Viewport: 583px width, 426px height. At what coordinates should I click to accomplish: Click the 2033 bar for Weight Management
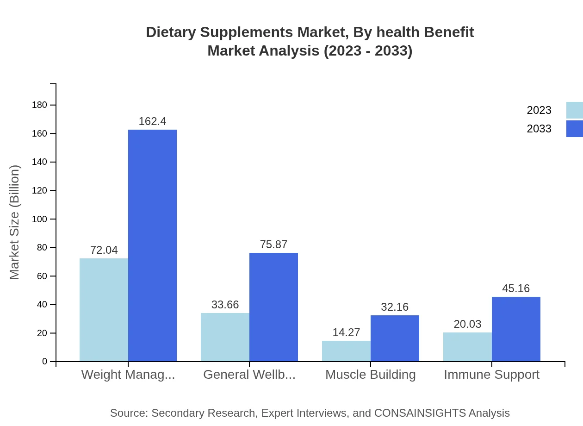(152, 245)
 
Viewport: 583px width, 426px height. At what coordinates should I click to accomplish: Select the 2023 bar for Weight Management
(104, 310)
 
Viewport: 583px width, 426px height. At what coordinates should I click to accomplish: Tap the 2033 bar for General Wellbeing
(273, 307)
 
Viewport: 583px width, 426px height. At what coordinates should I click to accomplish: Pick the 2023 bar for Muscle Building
(346, 351)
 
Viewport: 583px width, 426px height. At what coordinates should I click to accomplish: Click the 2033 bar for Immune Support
(516, 329)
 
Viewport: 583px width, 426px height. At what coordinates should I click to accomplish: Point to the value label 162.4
(152, 121)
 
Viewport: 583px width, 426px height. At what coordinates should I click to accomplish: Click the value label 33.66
(225, 305)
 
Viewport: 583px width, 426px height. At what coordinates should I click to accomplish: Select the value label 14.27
(346, 332)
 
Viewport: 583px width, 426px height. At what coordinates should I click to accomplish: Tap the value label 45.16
(516, 288)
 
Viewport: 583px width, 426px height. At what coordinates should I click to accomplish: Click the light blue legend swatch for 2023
(574, 110)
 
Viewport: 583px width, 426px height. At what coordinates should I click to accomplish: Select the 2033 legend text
(539, 129)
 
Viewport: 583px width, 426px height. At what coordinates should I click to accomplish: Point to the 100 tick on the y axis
(40, 219)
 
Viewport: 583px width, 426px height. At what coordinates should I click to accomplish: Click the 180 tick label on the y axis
(40, 105)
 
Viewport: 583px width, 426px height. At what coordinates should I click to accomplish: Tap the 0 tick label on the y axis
(45, 362)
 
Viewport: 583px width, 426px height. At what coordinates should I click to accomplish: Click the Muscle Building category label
(370, 375)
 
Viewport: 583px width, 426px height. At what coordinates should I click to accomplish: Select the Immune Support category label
(491, 375)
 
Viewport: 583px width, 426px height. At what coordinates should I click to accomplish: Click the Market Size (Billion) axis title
(14, 222)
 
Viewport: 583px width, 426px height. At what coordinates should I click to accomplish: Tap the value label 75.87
(273, 244)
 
